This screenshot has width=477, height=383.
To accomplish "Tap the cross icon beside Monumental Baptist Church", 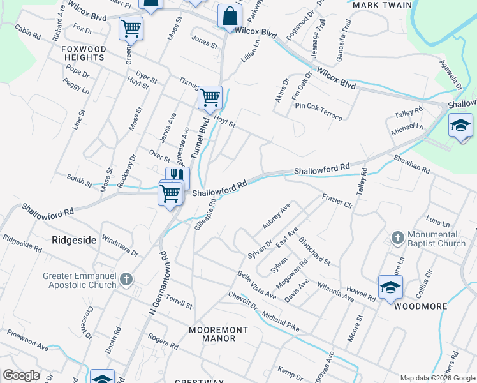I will pos(397,239).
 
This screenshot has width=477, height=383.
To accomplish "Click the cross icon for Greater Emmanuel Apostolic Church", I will pos(126,280).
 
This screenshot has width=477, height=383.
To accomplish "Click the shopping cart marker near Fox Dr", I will pos(131,27).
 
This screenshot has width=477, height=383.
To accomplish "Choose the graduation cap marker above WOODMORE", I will pos(390,287).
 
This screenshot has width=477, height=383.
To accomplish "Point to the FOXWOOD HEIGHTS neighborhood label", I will pos(83,53).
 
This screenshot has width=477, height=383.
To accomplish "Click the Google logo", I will pos(21,375).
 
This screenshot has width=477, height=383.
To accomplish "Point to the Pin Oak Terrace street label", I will pos(318,111).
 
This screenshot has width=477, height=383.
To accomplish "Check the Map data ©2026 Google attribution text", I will pos(437,377).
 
